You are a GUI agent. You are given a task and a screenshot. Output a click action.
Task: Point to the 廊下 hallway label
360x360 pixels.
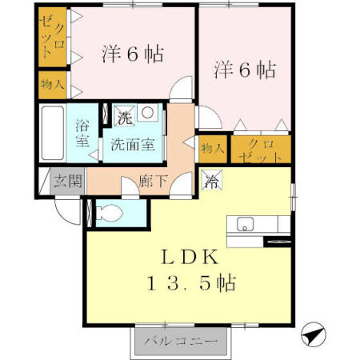pos(154,182)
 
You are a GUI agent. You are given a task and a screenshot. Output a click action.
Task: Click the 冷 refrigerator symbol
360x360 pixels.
pos(211,181)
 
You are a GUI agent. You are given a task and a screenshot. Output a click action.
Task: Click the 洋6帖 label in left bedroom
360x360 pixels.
pos(132,54)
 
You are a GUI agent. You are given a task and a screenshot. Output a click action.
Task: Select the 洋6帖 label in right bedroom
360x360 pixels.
pos(244,70)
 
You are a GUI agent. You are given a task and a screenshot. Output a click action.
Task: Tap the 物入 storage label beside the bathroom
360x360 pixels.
pos(52,85)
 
